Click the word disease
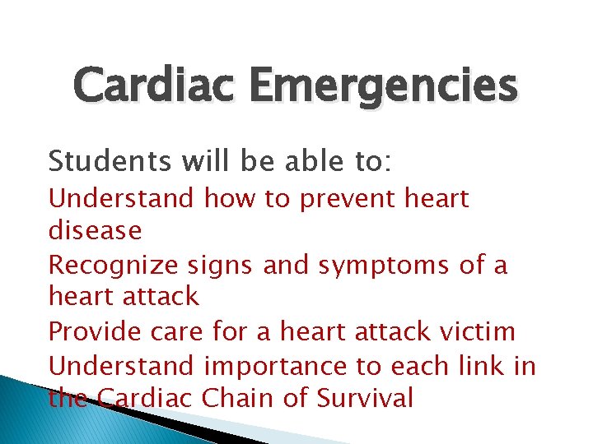pos(96,231)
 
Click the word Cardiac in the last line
pos(145,398)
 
